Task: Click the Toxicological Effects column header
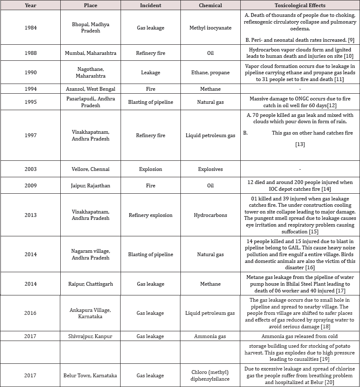pyautogui.click(x=300, y=5)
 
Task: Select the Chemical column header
pyautogui.click(x=210, y=5)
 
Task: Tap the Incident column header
pyautogui.click(x=150, y=5)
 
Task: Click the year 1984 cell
pyautogui.click(x=30, y=28)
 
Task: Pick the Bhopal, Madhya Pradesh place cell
pyautogui.click(x=90, y=28)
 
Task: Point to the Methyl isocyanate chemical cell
pyautogui.click(x=210, y=28)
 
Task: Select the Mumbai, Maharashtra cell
pyautogui.click(x=90, y=53)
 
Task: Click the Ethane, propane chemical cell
pyautogui.click(x=210, y=73)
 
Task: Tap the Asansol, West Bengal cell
pyautogui.click(x=90, y=89)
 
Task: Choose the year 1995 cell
pyautogui.click(x=30, y=102)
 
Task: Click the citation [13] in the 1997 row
pyautogui.click(x=300, y=144)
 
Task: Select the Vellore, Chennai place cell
pyautogui.click(x=90, y=169)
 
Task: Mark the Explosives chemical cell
pyautogui.click(x=210, y=169)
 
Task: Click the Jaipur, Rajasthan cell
pyautogui.click(x=90, y=186)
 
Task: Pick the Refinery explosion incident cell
pyautogui.click(x=150, y=215)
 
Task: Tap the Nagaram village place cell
pyautogui.click(x=90, y=254)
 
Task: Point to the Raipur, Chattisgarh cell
pyautogui.click(x=90, y=284)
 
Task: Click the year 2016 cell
pyautogui.click(x=30, y=313)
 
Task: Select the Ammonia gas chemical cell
pyautogui.click(x=210, y=336)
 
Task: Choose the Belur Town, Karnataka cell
pyautogui.click(x=90, y=376)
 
